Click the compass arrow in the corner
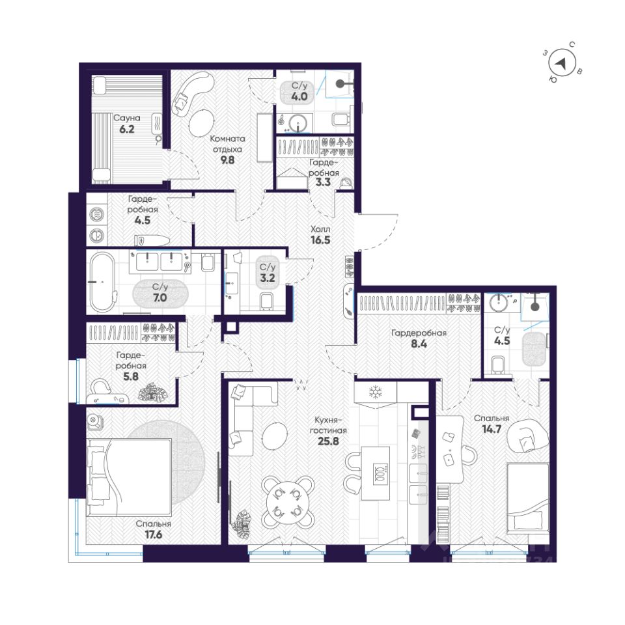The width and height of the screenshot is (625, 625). [561, 63]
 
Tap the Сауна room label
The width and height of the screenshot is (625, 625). [127, 118]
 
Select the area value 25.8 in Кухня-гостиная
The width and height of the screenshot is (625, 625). [328, 441]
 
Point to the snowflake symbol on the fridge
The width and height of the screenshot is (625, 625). [375, 392]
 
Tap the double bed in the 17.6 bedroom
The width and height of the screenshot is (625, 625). [130, 477]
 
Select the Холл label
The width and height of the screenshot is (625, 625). [320, 229]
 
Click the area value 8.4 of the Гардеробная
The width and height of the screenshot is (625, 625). [419, 344]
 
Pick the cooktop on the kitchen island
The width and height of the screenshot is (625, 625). [381, 473]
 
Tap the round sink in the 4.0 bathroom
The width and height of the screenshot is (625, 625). [298, 123]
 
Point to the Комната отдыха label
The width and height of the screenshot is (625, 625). [228, 144]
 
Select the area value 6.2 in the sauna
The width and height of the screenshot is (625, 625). [127, 129]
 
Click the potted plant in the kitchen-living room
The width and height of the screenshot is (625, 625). [243, 523]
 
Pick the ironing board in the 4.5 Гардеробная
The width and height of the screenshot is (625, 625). [152, 241]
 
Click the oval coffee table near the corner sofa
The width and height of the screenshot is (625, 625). [275, 436]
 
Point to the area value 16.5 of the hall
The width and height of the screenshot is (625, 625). [320, 240]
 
